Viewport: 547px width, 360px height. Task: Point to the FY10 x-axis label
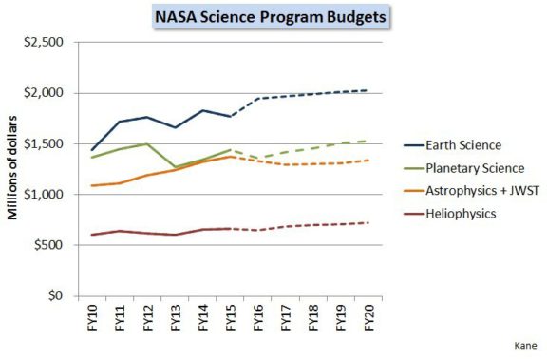point(94,316)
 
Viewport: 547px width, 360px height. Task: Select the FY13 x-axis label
point(177,316)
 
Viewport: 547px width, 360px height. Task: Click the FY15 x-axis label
point(231,316)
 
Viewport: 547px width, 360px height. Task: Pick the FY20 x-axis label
point(368,316)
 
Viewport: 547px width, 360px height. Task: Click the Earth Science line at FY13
point(176,127)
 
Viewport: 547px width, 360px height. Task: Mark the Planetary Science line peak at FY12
point(148,143)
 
